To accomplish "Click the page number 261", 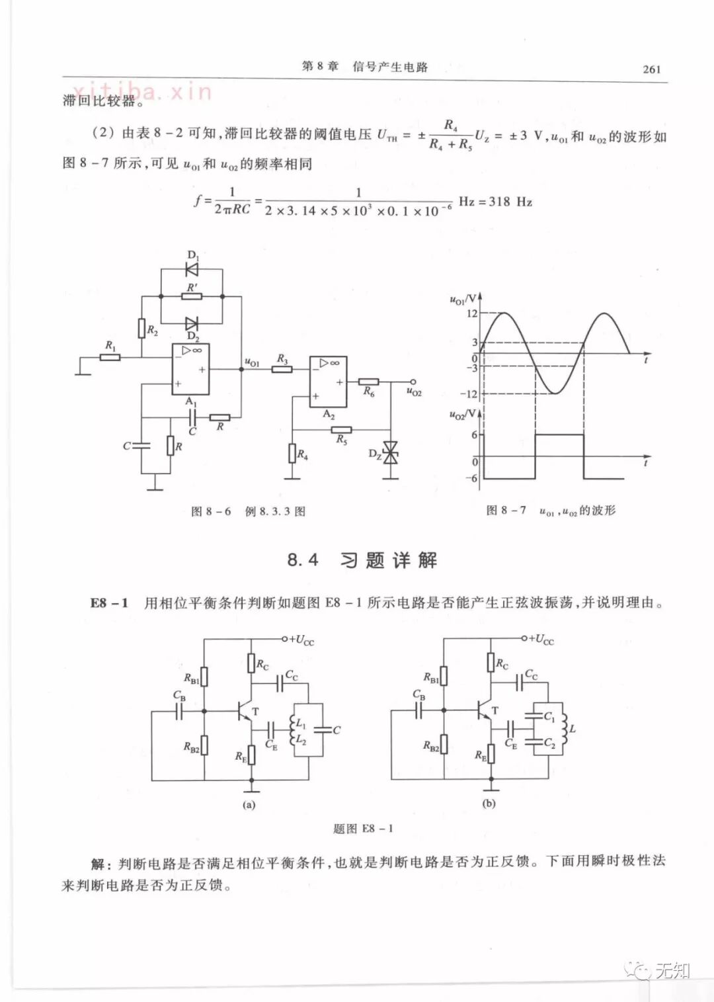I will click(x=651, y=69).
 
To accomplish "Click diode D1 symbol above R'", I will click(x=192, y=269).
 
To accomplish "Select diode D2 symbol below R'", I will click(x=192, y=323).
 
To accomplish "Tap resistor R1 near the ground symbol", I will click(x=110, y=357).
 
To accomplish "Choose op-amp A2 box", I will click(x=328, y=382).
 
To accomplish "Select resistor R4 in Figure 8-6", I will click(x=292, y=454).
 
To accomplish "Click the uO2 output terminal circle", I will click(x=413, y=382).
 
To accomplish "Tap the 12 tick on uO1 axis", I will click(x=471, y=313).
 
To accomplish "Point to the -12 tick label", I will click(x=469, y=394).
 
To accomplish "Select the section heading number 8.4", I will click(x=303, y=560).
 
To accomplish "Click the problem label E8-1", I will click(x=109, y=603).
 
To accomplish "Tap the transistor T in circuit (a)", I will click(x=245, y=712).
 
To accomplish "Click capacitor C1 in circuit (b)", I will click(x=533, y=715).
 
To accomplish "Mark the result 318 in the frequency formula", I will click(x=499, y=202).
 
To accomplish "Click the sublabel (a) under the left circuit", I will click(x=249, y=805).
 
